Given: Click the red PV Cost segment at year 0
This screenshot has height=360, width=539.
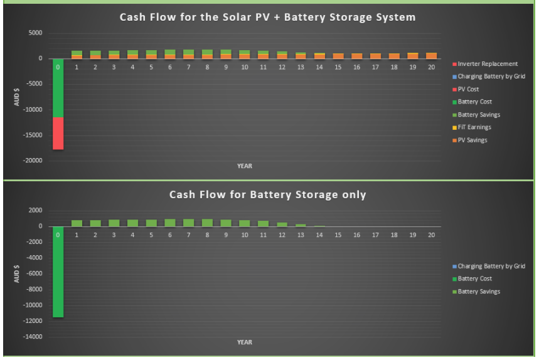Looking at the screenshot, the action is (58, 134).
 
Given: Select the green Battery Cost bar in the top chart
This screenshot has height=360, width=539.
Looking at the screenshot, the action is (58, 88).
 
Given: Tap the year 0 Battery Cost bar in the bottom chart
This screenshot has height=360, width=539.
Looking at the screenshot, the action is (58, 272).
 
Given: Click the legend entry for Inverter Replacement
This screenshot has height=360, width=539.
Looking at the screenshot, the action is (485, 64).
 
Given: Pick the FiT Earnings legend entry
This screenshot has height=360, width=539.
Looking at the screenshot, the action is (472, 127).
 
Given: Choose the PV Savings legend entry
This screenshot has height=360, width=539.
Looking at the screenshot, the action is (469, 140).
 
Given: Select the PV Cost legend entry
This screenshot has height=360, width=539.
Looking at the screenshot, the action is (466, 89).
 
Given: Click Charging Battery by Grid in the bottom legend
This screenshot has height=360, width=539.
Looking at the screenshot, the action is (489, 266).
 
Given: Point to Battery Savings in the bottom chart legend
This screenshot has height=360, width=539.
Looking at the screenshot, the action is (476, 292).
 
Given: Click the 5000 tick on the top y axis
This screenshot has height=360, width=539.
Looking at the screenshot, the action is (35, 33).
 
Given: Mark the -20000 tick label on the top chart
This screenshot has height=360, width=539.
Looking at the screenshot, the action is (33, 161).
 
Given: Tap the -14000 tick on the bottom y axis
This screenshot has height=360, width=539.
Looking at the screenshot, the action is (33, 337).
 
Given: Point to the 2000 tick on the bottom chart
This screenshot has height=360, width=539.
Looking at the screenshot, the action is (35, 210).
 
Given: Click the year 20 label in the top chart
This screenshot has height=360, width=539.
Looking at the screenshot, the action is (432, 67).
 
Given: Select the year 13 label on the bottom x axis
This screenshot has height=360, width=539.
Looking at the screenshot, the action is (301, 235).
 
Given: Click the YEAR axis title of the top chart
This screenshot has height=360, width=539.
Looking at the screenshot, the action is (245, 166).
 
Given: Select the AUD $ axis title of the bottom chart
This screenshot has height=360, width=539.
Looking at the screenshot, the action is (16, 274).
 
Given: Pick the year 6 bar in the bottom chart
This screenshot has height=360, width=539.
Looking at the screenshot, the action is (170, 223).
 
